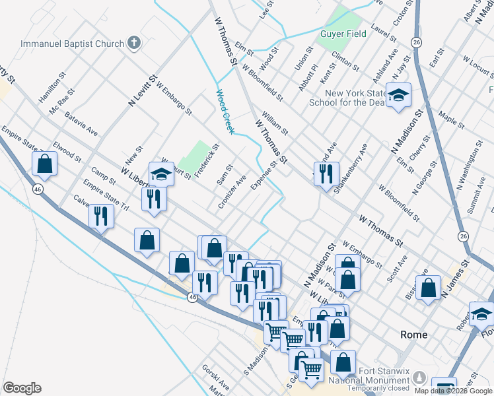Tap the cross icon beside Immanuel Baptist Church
(x=134, y=44)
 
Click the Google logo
(x=22, y=388)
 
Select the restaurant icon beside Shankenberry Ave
(x=326, y=174)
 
